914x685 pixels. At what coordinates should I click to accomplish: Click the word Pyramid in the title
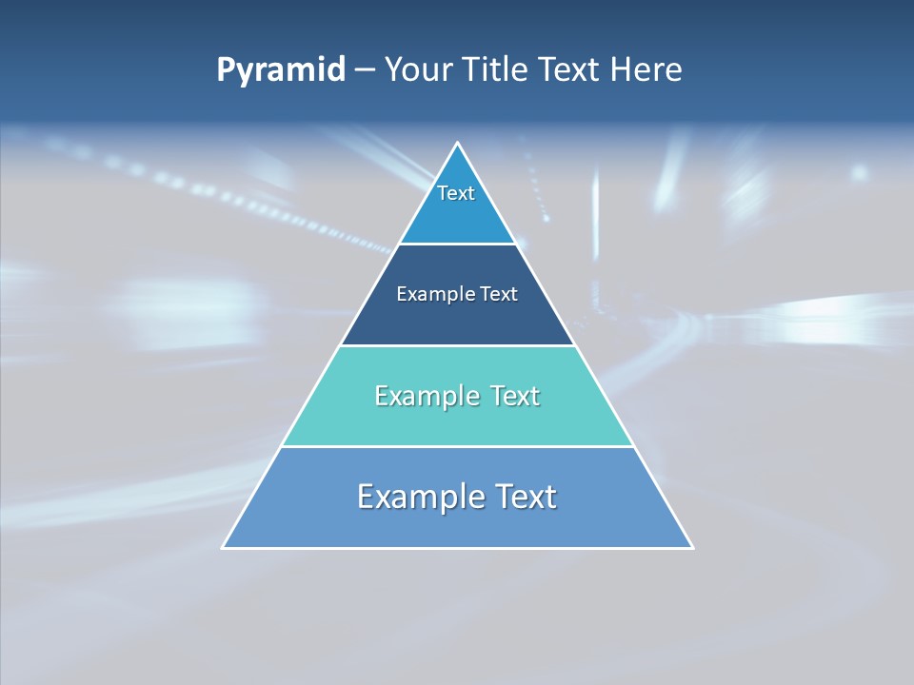pos(281,70)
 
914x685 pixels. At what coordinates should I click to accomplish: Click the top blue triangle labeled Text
pos(457,205)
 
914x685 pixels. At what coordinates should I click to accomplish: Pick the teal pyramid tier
pos(457,419)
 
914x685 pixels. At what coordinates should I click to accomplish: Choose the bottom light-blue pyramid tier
pos(457,523)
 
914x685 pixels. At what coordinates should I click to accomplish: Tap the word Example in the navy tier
pos(430,295)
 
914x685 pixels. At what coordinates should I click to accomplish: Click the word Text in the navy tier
pos(499,295)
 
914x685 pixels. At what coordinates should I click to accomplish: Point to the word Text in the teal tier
pos(510,396)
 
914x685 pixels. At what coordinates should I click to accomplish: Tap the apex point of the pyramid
pos(458,145)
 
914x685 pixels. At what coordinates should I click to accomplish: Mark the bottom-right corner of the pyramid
pos(691,547)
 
